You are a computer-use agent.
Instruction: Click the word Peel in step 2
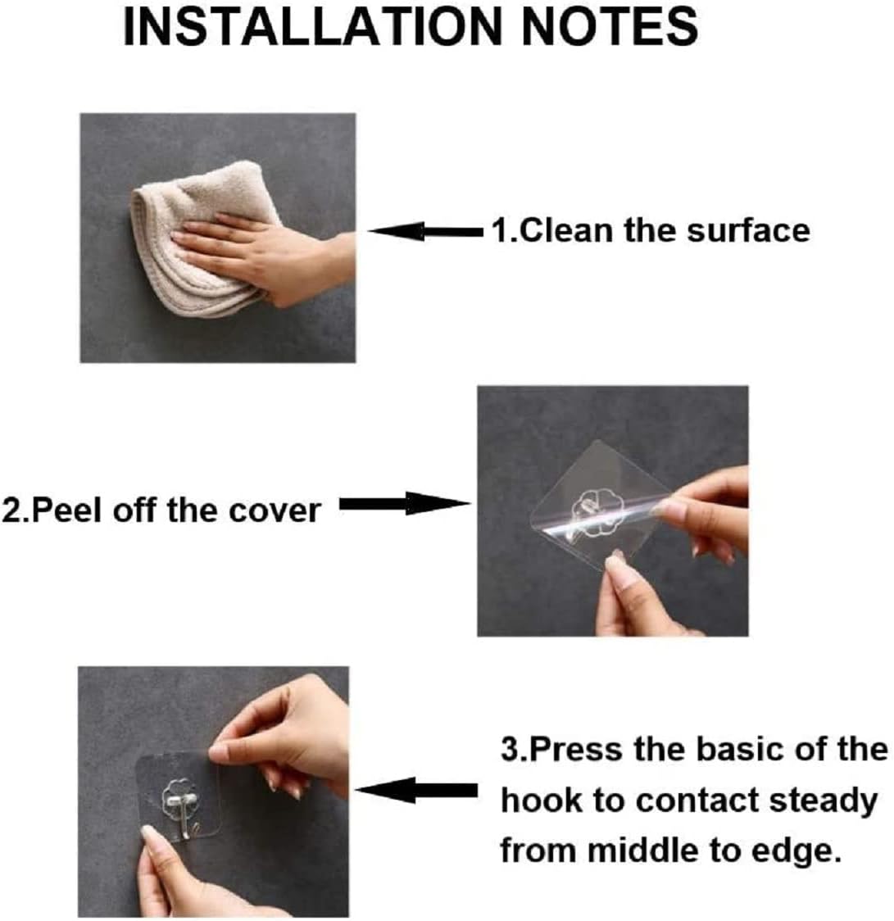(65, 510)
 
